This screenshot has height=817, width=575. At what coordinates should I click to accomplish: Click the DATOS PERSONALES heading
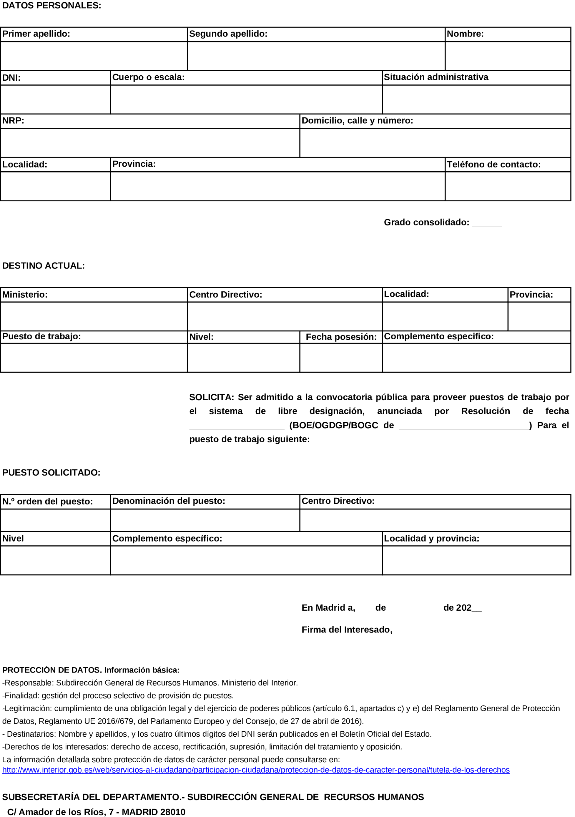pos(51,6)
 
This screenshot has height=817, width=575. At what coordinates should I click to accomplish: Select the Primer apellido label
pos(36,34)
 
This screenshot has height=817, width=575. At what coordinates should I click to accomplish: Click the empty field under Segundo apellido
pos(316,56)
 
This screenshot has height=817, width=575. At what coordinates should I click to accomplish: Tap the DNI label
pos(11,78)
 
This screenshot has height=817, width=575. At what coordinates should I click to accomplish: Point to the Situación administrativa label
pos(436,77)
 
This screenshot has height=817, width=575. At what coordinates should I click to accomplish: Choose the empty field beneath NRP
pos(150,143)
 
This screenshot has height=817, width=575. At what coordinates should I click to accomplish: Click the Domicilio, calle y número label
pos(357,121)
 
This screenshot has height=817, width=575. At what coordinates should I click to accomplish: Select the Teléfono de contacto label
pos(493,165)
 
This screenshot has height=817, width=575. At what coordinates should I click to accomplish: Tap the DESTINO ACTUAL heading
pos(44,266)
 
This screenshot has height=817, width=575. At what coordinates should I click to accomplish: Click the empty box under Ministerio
pos(94,316)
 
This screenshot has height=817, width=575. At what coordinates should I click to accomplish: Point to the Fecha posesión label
pos(341,337)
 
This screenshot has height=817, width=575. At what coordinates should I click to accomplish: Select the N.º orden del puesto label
pos(47,502)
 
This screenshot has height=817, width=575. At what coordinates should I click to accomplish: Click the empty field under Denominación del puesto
pos(205,520)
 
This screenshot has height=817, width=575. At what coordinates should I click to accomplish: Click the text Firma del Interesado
pos(347,630)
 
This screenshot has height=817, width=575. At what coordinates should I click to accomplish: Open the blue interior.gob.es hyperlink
pos(256,770)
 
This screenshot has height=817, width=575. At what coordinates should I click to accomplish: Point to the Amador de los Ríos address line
pos(96,812)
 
